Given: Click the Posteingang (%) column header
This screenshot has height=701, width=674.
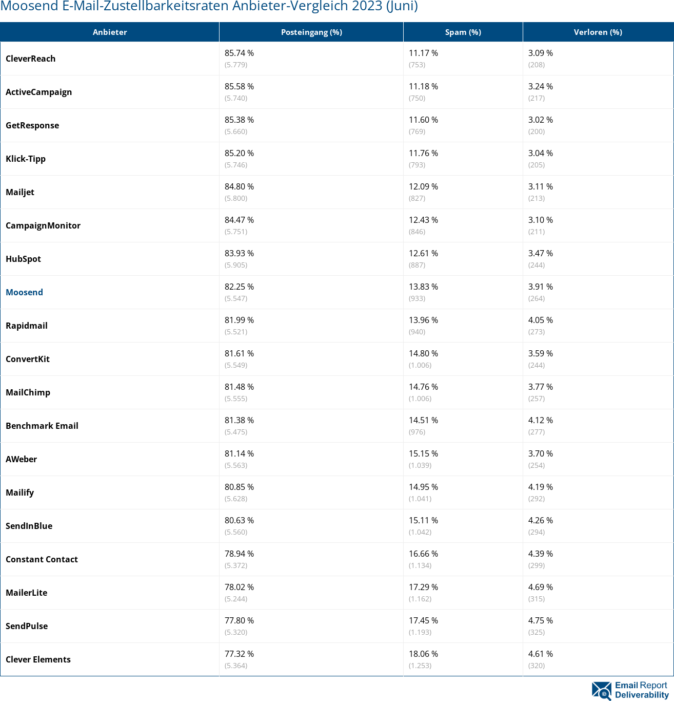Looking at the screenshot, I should [311, 32].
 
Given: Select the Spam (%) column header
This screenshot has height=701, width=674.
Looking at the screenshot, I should [463, 32].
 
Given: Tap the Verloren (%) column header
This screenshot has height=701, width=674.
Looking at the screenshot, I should [598, 32].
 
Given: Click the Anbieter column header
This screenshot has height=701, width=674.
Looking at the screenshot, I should [110, 32].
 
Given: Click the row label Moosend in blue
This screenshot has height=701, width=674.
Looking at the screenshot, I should [24, 292].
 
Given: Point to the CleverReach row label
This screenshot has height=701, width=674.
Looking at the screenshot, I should [30, 59].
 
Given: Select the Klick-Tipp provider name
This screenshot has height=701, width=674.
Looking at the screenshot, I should [26, 159].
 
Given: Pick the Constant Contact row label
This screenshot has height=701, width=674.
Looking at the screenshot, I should [42, 559].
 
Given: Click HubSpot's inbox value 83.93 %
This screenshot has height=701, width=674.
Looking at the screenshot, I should [239, 253].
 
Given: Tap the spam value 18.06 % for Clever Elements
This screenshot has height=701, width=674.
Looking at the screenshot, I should [423, 654].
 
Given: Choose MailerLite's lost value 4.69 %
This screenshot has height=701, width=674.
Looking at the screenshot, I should [540, 587].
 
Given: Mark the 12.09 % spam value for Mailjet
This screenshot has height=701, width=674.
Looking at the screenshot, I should [423, 186].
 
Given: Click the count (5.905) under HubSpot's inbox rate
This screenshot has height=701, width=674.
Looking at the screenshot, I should [236, 265].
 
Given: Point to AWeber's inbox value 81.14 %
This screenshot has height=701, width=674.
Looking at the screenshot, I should [239, 453].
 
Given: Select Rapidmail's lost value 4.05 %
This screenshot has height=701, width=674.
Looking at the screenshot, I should [540, 320].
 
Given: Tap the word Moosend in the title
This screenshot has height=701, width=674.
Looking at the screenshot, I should [24, 6].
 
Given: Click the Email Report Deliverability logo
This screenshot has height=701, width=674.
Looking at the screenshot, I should [630, 690].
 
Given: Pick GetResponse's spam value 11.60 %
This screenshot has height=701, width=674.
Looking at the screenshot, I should [423, 120].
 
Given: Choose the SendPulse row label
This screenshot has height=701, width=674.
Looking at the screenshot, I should [27, 626].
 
